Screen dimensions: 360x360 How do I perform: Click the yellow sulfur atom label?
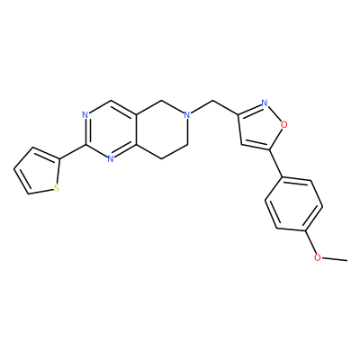[56, 188]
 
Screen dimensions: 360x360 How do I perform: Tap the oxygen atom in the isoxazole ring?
[283, 123]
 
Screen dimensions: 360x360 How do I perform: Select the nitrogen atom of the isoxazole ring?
[265, 103]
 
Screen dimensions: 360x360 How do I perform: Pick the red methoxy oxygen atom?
[318, 257]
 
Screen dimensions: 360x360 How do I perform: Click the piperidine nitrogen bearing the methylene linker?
[187, 115]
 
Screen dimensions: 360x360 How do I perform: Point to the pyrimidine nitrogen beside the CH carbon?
[85, 115]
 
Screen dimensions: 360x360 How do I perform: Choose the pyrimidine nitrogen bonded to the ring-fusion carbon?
[111, 159]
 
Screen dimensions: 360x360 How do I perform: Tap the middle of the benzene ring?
[293, 205]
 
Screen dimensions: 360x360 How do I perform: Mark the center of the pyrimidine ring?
[111, 130]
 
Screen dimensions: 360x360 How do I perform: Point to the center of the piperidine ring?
[162, 130]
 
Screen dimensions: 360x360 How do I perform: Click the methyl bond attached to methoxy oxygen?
[334, 259]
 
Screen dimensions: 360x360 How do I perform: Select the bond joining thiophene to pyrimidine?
[72, 152]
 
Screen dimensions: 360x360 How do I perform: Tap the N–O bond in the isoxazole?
[274, 113]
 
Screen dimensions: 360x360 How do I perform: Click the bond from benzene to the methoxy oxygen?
[310, 243]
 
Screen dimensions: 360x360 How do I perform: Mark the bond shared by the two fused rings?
[136, 130]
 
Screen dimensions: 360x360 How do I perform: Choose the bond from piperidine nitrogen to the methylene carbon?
[202, 108]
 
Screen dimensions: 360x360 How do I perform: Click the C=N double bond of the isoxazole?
[250, 109]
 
